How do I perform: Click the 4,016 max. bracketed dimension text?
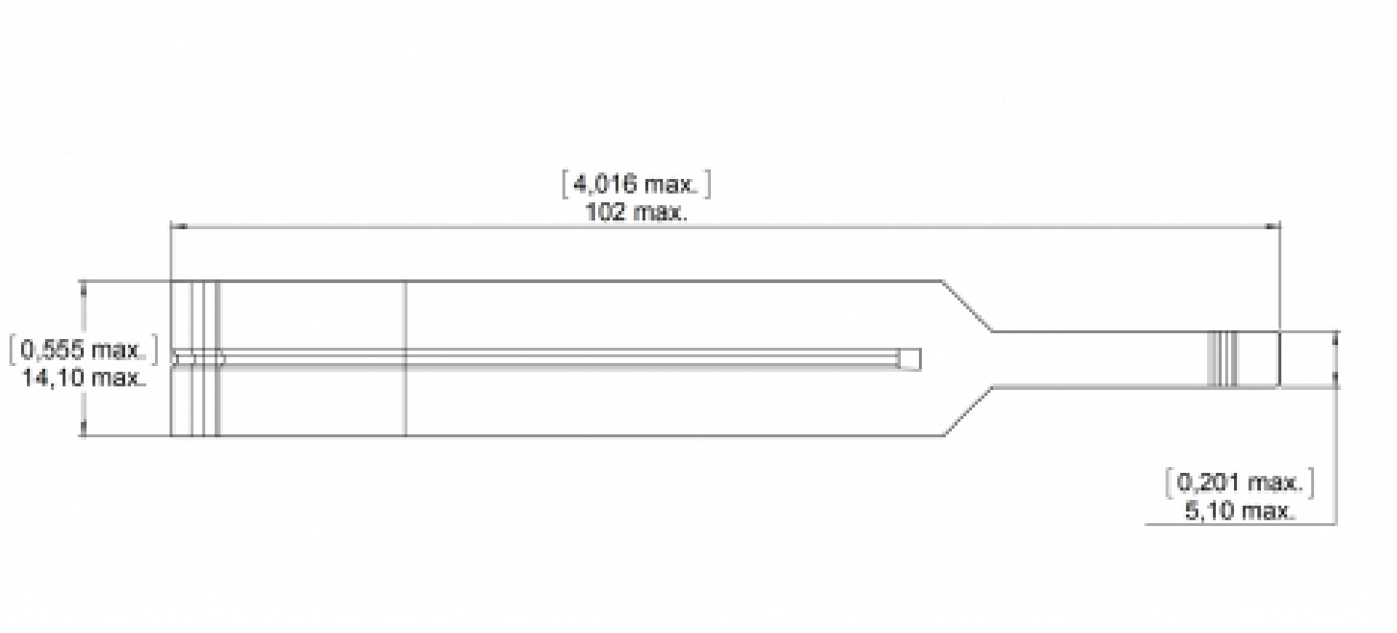pos(637,185)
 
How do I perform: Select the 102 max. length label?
pos(637,213)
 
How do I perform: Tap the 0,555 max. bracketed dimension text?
pos(82,350)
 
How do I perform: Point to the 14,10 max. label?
pos(82,378)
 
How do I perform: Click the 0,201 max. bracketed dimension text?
pos(1240,482)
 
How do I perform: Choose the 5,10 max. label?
pos(1240,511)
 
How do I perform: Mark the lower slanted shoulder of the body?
pos(969,411)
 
